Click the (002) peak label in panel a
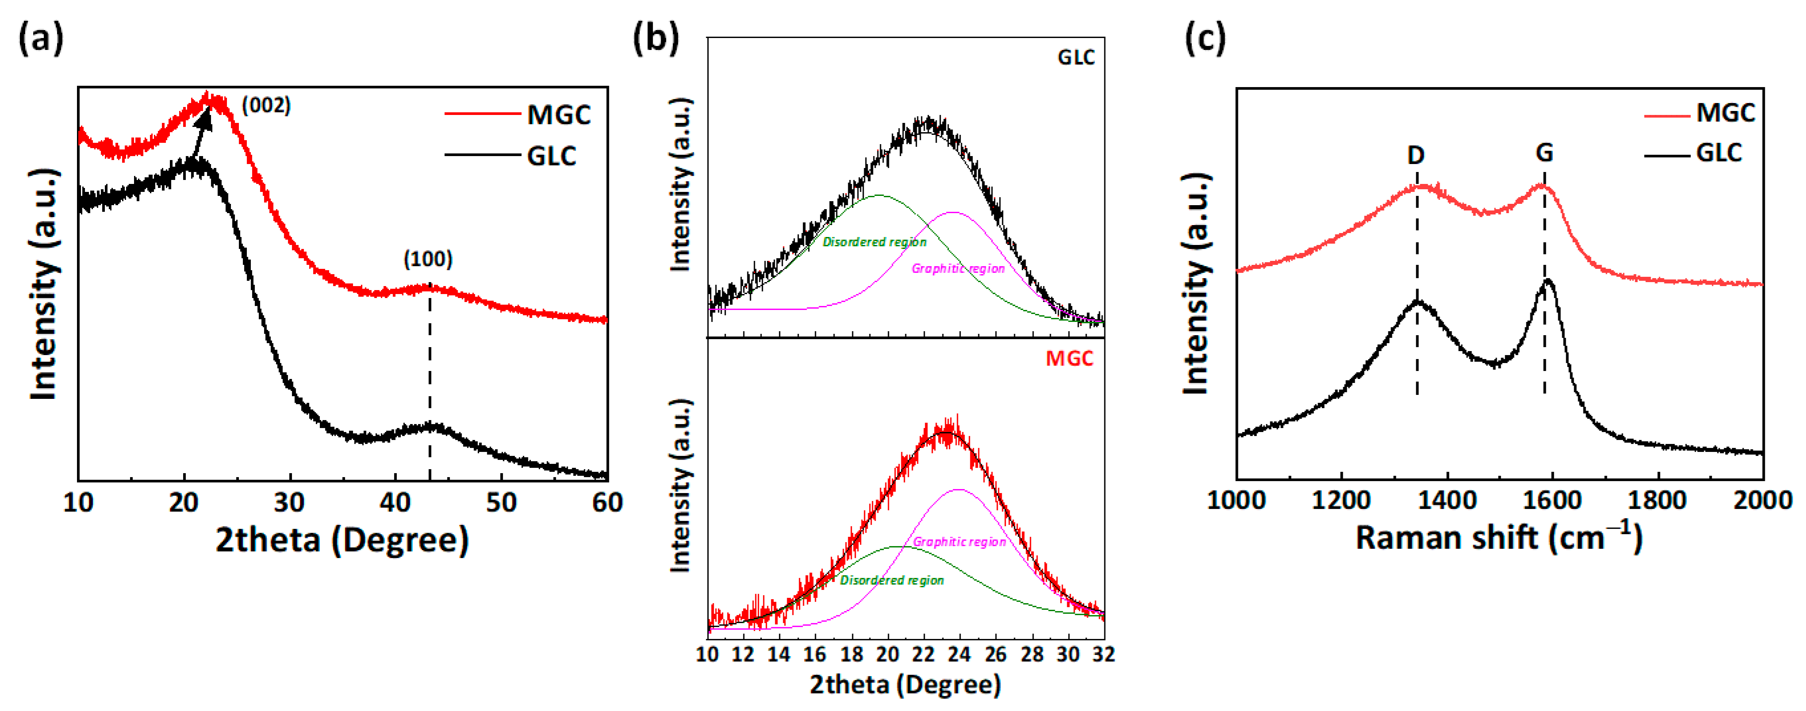[x=266, y=106]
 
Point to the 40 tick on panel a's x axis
[x=395, y=503]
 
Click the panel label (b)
[x=656, y=38]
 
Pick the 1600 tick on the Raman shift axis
[x=1552, y=500]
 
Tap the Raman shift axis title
[x=1498, y=538]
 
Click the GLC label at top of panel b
[x=1076, y=57]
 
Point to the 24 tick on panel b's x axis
[x=959, y=654]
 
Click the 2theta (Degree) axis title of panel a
[x=342, y=540]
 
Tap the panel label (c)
[x=1204, y=38]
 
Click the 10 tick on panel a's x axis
[x=78, y=503]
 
